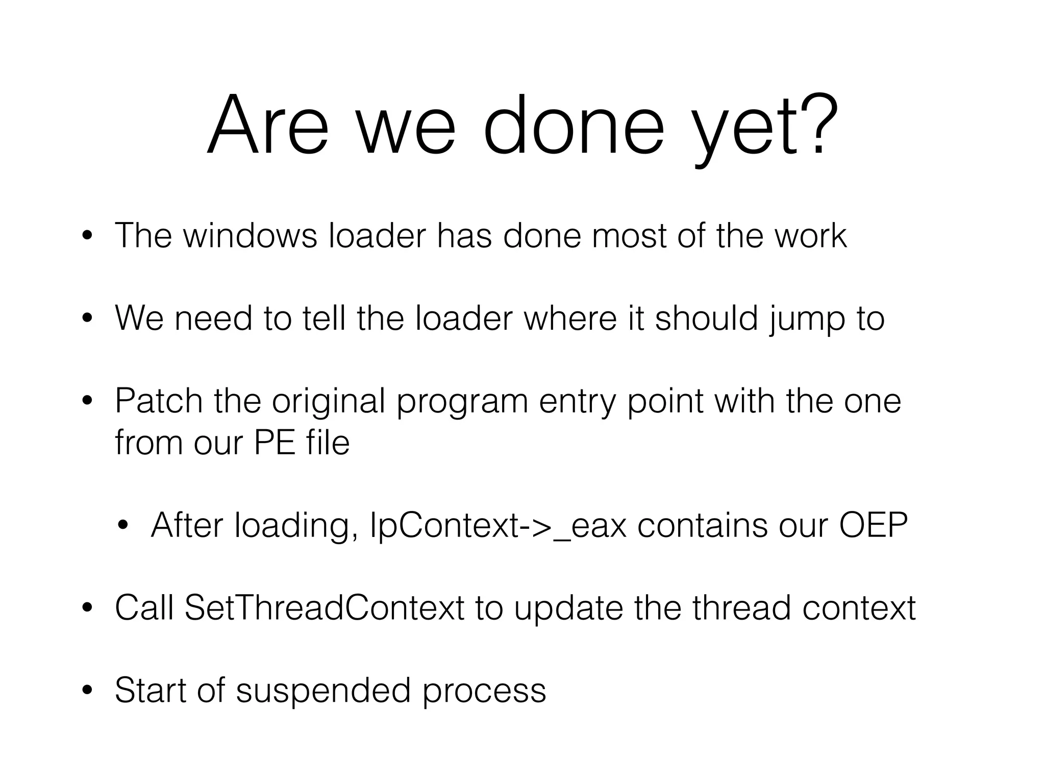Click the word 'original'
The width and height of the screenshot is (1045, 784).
pyautogui.click(x=329, y=402)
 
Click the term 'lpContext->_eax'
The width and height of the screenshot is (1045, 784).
pyautogui.click(x=497, y=525)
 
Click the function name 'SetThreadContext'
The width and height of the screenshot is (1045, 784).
pyautogui.click(x=325, y=608)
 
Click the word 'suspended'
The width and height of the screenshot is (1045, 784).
pyautogui.click(x=324, y=691)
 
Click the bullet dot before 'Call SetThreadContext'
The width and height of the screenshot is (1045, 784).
pyautogui.click(x=87, y=608)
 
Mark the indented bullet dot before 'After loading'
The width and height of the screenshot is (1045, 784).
pyautogui.click(x=123, y=525)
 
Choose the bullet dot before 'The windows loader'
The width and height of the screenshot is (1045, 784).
pyautogui.click(x=87, y=236)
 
